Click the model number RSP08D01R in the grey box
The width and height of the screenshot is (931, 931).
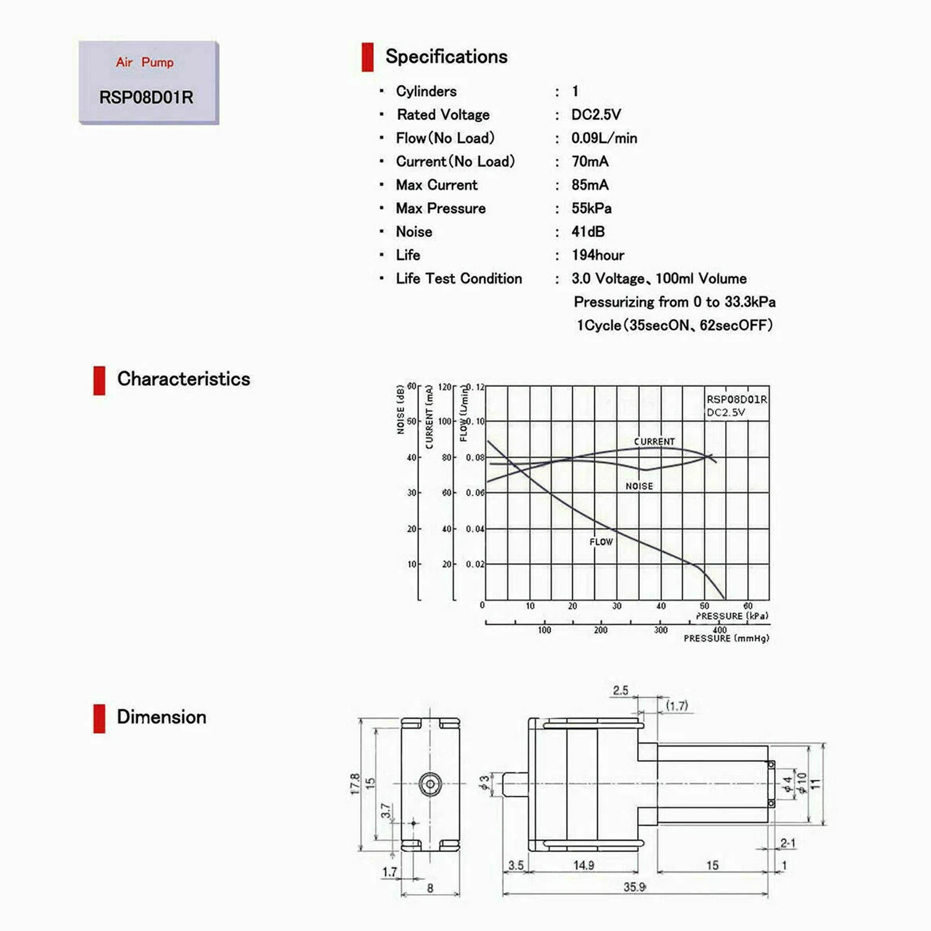tap(146, 97)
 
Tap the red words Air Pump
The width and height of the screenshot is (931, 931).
tap(145, 62)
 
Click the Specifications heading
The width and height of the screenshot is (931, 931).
tap(446, 57)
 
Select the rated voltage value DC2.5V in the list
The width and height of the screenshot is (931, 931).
tap(596, 115)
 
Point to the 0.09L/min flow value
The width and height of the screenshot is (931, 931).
tap(604, 138)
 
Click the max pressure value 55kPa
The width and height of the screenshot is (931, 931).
tap(592, 208)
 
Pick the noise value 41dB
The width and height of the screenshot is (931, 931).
tap(588, 232)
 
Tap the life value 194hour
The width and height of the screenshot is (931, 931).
tap(598, 255)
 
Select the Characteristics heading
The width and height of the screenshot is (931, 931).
tap(184, 379)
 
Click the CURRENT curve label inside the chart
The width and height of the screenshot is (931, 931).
tap(654, 442)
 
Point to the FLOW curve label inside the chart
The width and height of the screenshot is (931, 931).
tap(601, 542)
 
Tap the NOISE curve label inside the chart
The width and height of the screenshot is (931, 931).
tap(639, 486)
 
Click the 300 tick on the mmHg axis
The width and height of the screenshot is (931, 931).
tap(661, 630)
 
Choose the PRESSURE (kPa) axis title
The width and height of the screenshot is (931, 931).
tap(732, 616)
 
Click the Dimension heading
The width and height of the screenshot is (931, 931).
tap(161, 717)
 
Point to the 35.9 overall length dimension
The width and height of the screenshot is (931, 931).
tap(634, 887)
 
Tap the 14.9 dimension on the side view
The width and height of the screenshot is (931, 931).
tap(584, 865)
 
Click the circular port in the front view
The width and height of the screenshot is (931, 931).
tap(430, 784)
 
